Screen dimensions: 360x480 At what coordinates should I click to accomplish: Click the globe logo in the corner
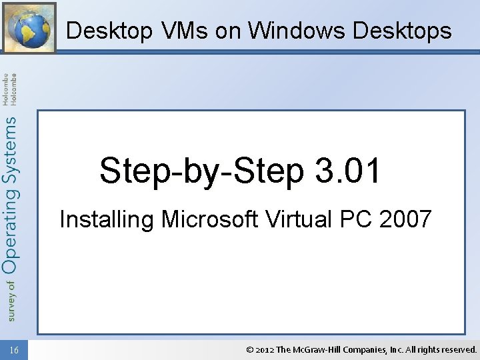[29, 27]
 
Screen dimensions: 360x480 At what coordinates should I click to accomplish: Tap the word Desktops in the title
[402, 31]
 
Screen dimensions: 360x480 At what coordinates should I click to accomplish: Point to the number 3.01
[347, 170]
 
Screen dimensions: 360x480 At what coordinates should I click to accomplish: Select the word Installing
[106, 219]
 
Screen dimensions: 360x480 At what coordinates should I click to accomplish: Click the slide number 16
[15, 349]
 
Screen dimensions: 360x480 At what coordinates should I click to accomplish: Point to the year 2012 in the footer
[265, 349]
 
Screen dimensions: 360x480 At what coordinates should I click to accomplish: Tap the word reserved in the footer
[458, 349]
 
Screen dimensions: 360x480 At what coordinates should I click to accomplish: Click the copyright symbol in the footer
[249, 349]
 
